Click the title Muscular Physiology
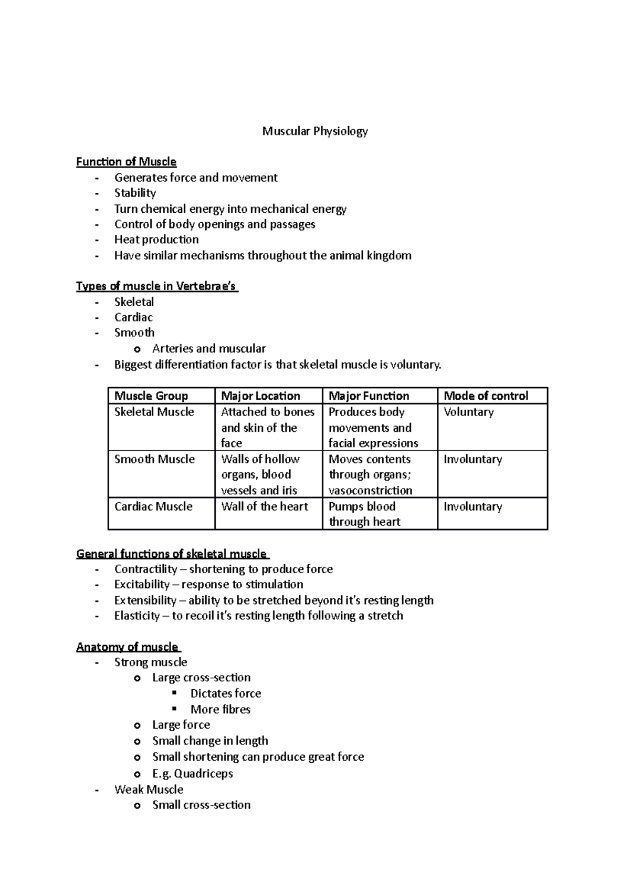pos(315,131)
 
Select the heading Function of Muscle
pos(126,162)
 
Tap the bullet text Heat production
pos(156,240)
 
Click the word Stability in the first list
pos(135,193)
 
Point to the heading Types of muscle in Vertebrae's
pos(156,286)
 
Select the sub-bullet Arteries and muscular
pos(209,348)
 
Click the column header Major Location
pos(260,396)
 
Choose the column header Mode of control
pos(486,396)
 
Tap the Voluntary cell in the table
pos(468,412)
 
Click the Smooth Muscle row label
pos(154,459)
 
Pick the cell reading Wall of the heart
pos(265,506)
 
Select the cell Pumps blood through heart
pos(364,514)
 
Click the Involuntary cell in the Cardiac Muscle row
pos(472,506)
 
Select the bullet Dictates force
pos(226,693)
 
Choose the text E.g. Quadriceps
pos(192,773)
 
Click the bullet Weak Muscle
pos(149,790)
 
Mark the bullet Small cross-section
pos(201,805)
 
